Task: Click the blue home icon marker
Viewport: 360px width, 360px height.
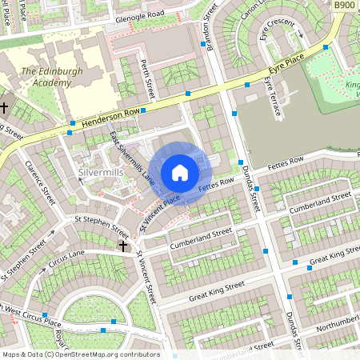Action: click(180, 173)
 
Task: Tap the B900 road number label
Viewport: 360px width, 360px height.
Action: click(344, 6)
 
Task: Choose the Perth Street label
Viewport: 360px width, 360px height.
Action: click(144, 74)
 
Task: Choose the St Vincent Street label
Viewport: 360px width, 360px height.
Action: click(146, 279)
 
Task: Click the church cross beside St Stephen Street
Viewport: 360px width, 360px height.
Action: click(123, 245)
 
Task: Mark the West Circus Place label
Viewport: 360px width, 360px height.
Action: click(36, 317)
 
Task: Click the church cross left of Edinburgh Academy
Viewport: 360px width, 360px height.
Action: click(4, 106)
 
